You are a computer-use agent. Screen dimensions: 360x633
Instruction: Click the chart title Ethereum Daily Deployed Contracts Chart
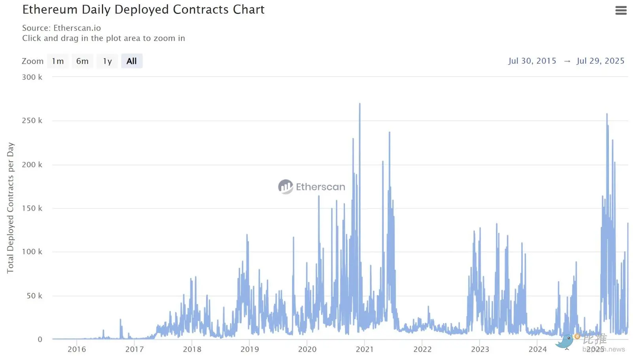[143, 9]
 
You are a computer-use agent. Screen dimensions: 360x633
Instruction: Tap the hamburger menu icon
[621, 10]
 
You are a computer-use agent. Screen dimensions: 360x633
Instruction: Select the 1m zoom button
[58, 61]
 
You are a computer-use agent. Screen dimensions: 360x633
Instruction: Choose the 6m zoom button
[82, 61]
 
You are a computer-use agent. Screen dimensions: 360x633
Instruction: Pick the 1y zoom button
[107, 61]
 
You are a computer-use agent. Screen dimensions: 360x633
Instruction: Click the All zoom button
[131, 61]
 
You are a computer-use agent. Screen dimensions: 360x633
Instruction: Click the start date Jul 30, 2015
[532, 61]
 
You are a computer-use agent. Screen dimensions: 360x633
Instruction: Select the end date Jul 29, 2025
[600, 61]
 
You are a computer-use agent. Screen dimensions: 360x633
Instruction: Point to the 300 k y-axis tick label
[32, 77]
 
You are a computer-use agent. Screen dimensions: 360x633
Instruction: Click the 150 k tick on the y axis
[32, 208]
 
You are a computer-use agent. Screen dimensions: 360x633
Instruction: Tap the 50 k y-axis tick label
[34, 296]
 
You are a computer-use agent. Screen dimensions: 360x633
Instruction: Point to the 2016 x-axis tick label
[77, 349]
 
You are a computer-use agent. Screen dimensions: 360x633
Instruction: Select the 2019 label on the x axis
[250, 349]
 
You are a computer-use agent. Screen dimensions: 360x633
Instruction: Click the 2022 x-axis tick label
[423, 349]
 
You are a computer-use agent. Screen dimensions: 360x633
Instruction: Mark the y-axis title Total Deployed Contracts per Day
[10, 208]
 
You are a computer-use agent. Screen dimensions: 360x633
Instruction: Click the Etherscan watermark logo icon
[285, 187]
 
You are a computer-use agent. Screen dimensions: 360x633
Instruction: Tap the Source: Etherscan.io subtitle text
[61, 28]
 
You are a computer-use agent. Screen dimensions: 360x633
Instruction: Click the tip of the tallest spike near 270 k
[360, 104]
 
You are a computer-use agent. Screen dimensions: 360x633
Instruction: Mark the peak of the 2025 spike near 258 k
[607, 114]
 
